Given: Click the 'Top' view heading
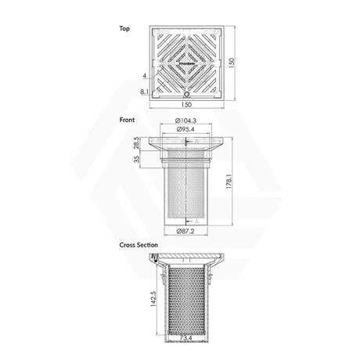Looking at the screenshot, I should [124, 28].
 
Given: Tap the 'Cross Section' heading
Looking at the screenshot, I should [137, 245].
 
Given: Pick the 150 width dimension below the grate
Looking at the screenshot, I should [187, 103].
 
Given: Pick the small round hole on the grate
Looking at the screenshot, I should [187, 89].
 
